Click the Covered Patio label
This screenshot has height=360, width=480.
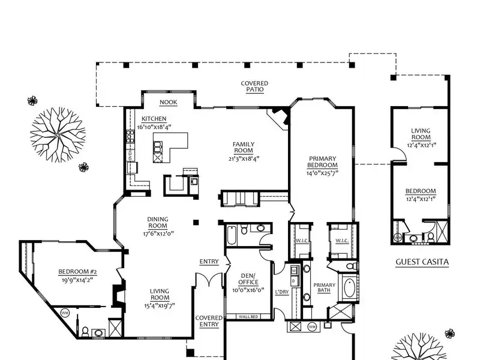(254, 86)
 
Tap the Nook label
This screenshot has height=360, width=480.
(169, 102)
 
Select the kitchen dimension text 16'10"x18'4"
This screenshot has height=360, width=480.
(154, 127)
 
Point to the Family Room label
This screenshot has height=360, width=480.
(244, 147)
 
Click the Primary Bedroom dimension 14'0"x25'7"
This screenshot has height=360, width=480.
(322, 173)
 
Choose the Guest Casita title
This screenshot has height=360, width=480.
(422, 262)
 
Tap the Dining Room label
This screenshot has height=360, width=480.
(158, 223)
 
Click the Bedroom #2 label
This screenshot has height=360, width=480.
(77, 272)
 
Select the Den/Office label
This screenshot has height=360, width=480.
(248, 279)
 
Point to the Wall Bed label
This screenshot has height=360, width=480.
(248, 317)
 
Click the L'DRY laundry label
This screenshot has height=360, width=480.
(281, 292)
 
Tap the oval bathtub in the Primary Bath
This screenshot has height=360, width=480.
(349, 287)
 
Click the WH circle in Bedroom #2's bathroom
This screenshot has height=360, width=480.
(65, 313)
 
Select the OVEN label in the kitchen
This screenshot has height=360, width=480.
(130, 155)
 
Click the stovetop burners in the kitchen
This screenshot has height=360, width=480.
(131, 137)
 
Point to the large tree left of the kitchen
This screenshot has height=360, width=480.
(58, 134)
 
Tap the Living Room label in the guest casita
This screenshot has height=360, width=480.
(421, 134)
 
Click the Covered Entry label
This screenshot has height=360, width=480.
(209, 322)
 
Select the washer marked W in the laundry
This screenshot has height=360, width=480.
(294, 271)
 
